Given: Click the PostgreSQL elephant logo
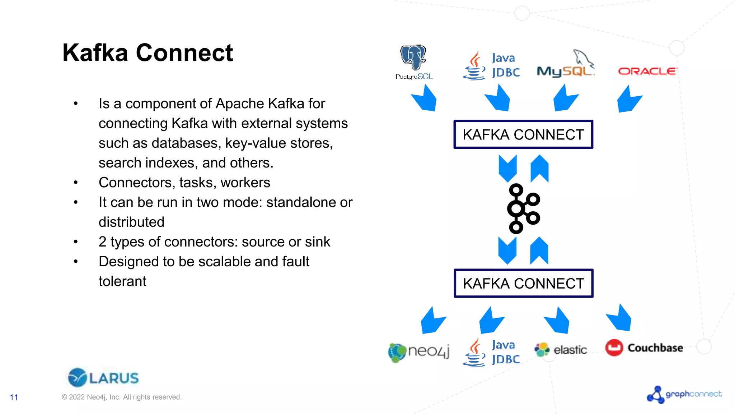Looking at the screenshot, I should pos(414,61).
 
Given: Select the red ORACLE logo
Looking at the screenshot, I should pos(647,71).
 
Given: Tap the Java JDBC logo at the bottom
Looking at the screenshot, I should pos(492,353).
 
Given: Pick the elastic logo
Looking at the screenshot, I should pos(561,349).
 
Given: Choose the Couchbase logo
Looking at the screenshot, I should pos(644,348).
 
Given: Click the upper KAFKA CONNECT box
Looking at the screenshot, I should pos(523,134).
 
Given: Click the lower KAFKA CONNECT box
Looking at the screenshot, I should pos(523,283).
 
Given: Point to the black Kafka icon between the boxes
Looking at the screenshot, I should pos(523,209).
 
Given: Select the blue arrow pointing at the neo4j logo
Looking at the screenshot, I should pos(432,321).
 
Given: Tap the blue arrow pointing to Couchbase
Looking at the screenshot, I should pos(620,318).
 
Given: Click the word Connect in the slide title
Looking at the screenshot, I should pos(184,53).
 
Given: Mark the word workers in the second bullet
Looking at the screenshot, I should pos(245,183).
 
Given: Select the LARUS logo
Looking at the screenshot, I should pos(103,377).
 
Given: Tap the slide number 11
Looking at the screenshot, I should pos(14,397).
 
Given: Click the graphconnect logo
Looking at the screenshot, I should pos(684,394).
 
